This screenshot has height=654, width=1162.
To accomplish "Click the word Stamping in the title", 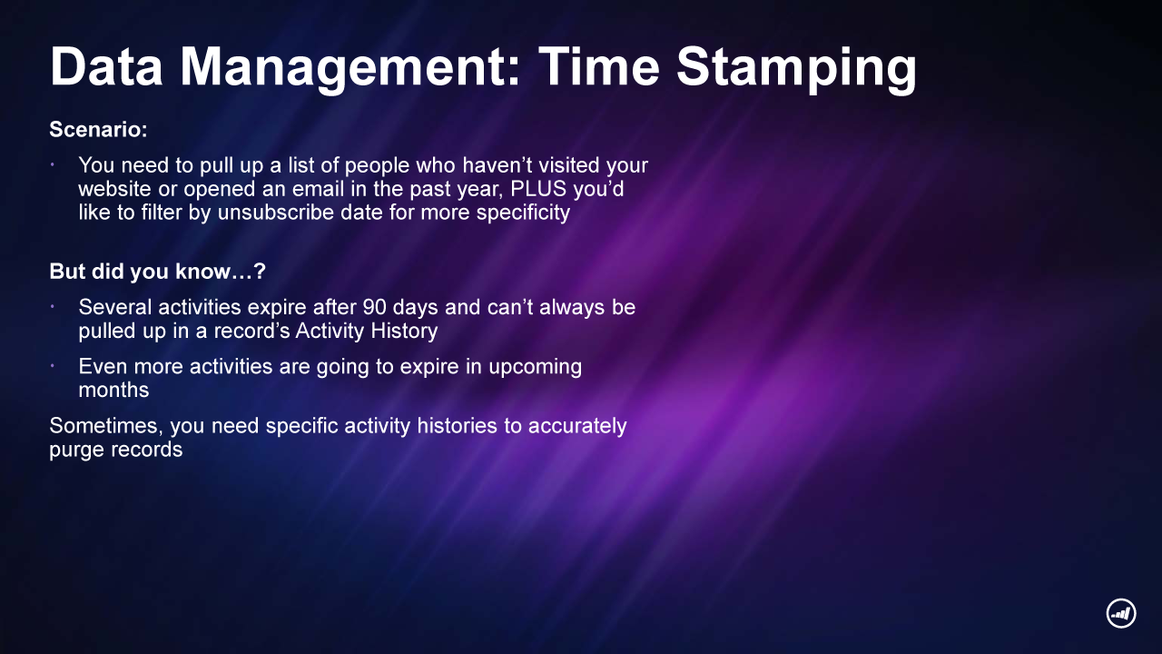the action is (797, 68).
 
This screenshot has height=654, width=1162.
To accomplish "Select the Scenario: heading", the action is (99, 129).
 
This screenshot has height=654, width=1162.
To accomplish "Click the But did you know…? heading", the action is (157, 272).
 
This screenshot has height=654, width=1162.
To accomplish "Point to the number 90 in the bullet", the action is (375, 307).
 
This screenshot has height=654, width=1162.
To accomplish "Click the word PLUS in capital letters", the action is (538, 189).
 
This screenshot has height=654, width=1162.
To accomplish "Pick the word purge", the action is (75, 451).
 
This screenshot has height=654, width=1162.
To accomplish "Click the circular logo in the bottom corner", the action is (1121, 613).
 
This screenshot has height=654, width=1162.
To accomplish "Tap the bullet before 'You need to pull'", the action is (53, 165).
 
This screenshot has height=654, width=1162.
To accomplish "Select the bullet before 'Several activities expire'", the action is (53, 307).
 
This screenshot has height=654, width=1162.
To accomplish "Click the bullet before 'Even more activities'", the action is (53, 366).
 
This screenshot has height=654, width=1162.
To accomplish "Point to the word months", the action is (113, 391).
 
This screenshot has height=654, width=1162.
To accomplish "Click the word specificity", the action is (523, 213).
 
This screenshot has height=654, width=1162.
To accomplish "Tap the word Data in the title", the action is (106, 67).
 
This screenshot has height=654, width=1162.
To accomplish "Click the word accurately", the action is (577, 427).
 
